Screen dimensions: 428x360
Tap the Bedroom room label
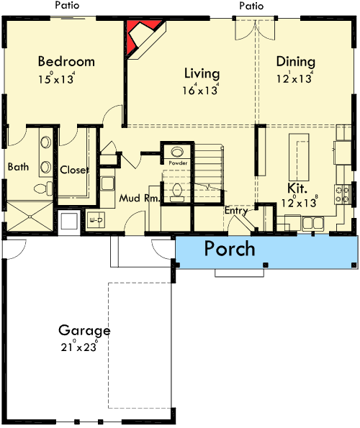point(66,62)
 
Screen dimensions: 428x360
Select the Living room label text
point(202,73)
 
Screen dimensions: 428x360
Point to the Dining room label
point(295,62)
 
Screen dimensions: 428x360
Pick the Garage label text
point(84,331)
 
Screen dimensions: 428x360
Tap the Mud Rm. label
point(139,198)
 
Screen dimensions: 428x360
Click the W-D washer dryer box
point(96,219)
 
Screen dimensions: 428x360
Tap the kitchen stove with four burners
point(343,193)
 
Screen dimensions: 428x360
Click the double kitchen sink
point(312,224)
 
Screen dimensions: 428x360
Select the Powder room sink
point(177,152)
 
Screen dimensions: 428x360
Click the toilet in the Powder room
point(177,191)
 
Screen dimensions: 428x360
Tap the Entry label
point(236,211)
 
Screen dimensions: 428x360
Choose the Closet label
point(73,170)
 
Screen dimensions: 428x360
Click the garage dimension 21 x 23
point(85,347)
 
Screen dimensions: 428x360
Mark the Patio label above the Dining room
point(251,6)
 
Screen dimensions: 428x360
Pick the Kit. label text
point(297,189)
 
